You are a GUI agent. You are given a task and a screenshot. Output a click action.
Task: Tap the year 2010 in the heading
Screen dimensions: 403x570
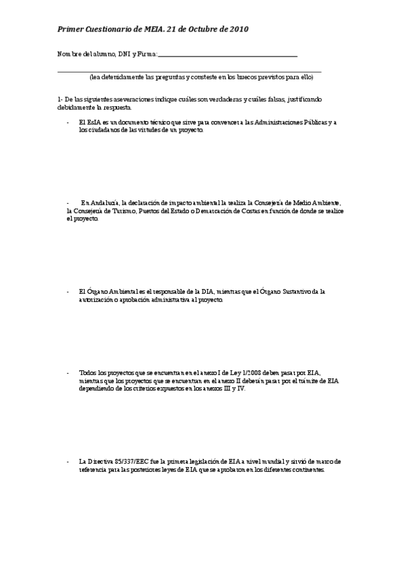coord(238,30)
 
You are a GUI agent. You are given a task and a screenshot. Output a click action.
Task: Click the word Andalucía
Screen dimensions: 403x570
coord(106,202)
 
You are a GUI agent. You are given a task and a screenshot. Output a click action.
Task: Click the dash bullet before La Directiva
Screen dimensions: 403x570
coord(68,462)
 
